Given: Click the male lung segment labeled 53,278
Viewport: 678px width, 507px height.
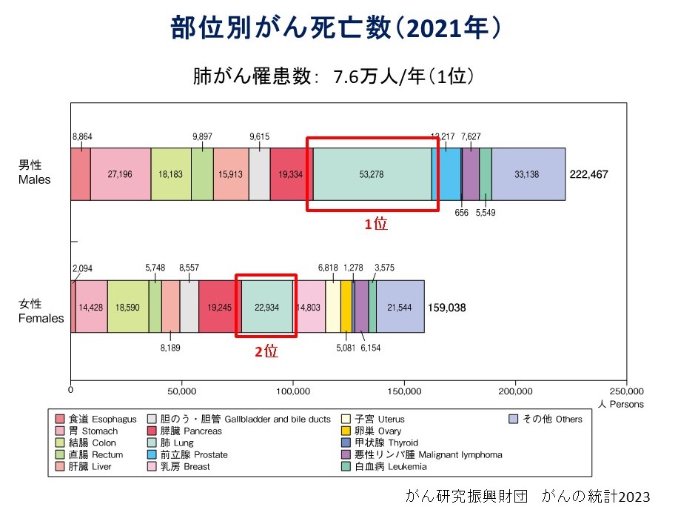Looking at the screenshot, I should (x=372, y=174).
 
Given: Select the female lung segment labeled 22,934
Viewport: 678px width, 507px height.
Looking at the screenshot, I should (x=266, y=306).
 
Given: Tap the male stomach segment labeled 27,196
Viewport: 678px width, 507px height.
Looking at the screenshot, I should (x=121, y=174).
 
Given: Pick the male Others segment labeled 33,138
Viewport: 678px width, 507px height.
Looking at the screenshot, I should (x=528, y=174).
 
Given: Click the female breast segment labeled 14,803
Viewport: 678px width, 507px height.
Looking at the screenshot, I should (x=311, y=306).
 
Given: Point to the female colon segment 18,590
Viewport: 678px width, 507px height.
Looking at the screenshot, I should (x=128, y=306).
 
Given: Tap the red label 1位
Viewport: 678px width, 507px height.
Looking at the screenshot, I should (x=375, y=224).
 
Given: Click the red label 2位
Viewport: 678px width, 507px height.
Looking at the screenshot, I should (x=266, y=352).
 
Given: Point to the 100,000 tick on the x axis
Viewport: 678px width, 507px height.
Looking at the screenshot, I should (x=293, y=391).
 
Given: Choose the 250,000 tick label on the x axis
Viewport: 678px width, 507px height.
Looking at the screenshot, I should (x=626, y=391).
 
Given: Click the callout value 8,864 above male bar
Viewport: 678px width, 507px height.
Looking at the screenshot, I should (x=82, y=136).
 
